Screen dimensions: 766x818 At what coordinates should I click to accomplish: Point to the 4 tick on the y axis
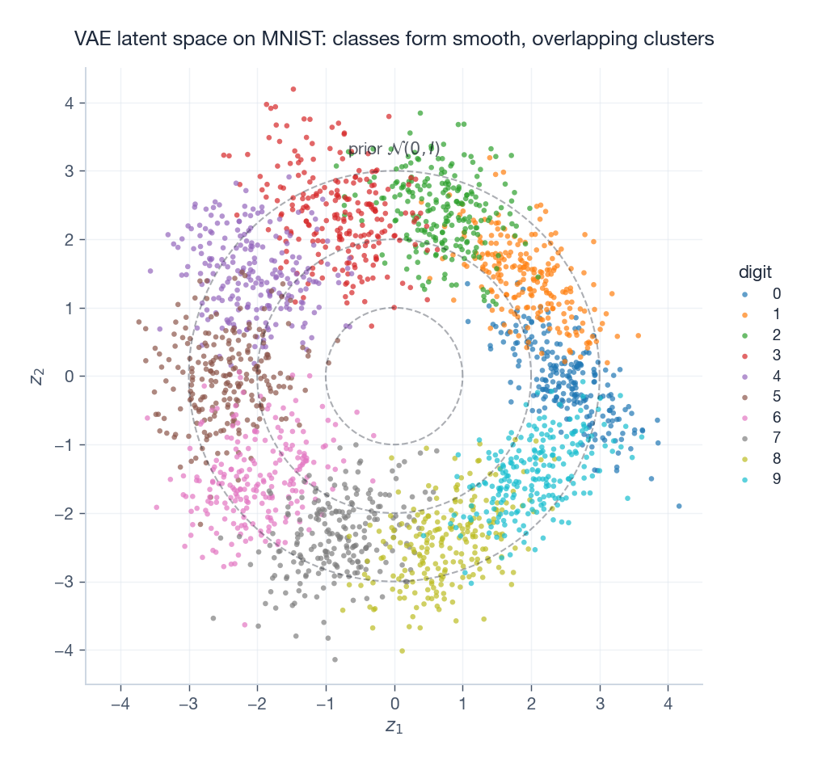70,103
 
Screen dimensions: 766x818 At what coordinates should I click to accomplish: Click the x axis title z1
394,727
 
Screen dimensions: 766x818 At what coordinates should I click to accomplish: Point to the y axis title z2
36,376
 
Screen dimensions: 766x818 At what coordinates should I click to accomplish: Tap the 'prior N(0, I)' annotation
394,149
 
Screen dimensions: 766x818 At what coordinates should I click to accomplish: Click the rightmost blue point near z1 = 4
679,506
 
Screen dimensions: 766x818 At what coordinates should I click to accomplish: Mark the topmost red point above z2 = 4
293,89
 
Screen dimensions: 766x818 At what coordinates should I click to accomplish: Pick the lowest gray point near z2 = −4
335,659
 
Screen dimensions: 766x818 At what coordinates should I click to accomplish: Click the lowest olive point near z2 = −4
402,650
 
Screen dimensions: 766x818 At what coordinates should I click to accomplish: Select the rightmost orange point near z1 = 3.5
639,335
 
